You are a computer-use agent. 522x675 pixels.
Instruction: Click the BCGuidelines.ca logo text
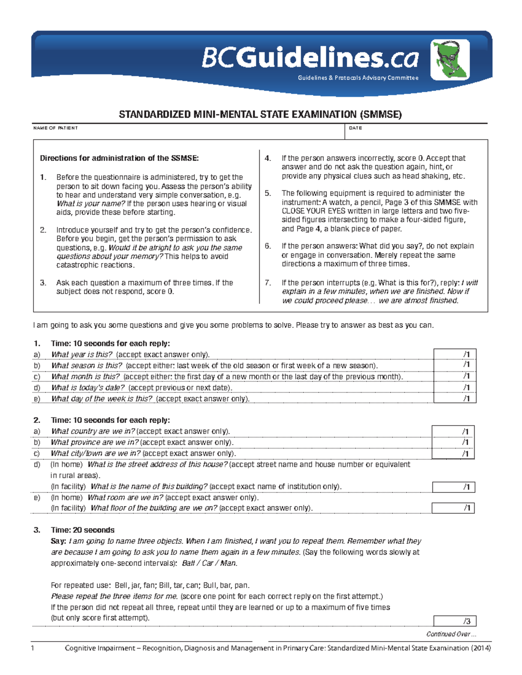point(310,59)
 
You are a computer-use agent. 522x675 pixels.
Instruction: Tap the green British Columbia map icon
point(450,60)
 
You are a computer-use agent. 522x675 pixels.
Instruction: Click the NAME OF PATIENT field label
point(55,128)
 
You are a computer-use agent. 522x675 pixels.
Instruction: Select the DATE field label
point(355,128)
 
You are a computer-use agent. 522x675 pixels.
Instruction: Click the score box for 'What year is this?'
point(455,354)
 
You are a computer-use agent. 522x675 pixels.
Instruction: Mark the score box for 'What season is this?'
point(455,365)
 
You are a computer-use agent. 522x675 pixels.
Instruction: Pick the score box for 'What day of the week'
point(455,398)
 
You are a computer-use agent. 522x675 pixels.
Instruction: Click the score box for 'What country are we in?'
point(453,431)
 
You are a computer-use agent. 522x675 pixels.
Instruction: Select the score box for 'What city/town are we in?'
point(453,453)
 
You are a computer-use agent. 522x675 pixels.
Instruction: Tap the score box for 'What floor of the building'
point(453,508)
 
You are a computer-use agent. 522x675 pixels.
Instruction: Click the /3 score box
point(455,621)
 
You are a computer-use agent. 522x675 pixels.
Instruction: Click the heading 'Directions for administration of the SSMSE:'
point(119,158)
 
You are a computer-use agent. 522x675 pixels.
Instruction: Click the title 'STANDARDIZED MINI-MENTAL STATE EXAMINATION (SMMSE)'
point(260,114)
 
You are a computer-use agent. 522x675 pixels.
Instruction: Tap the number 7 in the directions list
point(268,283)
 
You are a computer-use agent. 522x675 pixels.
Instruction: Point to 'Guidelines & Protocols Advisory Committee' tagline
point(358,78)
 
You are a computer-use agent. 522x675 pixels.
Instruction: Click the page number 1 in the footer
point(33,648)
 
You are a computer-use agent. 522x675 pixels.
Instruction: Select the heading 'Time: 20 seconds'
point(83,530)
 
